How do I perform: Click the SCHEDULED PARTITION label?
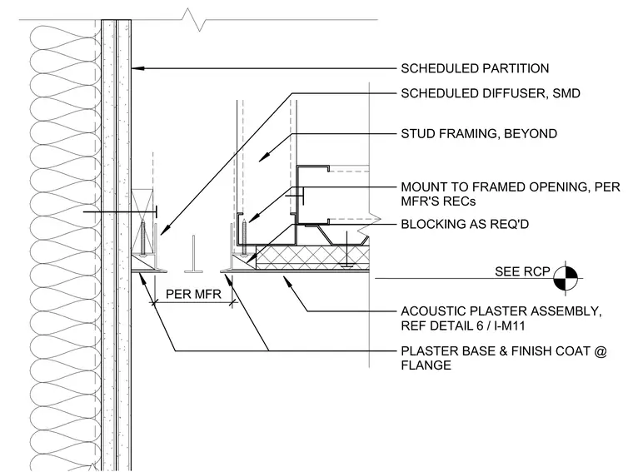tap(475, 68)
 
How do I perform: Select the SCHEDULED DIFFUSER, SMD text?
tap(491, 93)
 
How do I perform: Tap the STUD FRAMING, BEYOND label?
tap(479, 133)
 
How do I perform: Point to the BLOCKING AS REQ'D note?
tap(465, 224)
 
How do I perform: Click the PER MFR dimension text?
tap(193, 294)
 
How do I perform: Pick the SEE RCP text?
tap(522, 271)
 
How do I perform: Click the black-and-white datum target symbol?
tap(566, 277)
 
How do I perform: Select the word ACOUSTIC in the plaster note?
tap(430, 311)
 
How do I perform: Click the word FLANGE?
tap(426, 365)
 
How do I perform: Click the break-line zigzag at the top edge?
tap(194, 19)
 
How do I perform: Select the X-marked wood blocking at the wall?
tap(142, 221)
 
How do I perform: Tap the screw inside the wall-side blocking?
tap(142, 238)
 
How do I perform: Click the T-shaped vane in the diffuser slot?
tap(193, 255)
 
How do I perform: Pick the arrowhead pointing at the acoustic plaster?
tap(287, 280)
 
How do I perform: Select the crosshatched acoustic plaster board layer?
tap(313, 257)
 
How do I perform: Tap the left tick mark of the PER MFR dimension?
tap(153, 302)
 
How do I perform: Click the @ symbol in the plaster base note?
tap(601, 351)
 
